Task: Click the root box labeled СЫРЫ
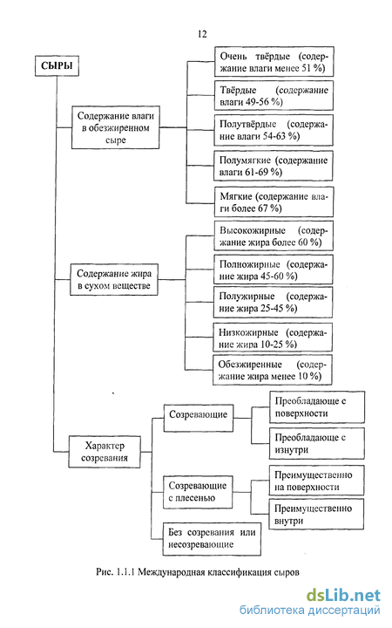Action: click(x=57, y=65)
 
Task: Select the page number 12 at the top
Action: click(x=202, y=34)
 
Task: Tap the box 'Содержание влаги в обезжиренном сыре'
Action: click(x=116, y=127)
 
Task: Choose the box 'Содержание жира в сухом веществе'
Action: click(x=114, y=280)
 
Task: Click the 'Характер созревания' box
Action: click(x=105, y=452)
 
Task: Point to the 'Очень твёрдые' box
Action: click(x=274, y=62)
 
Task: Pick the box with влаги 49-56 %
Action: click(x=274, y=96)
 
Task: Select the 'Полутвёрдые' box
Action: click(x=274, y=130)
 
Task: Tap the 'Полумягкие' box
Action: click(x=274, y=166)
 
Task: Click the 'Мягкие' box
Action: click(x=274, y=201)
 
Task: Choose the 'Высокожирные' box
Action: click(x=274, y=235)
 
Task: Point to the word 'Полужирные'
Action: click(x=247, y=297)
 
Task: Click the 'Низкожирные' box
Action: click(x=273, y=338)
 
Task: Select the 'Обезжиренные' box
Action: click(x=273, y=370)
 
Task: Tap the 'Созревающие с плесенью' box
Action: click(x=198, y=492)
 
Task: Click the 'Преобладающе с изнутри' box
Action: click(x=317, y=443)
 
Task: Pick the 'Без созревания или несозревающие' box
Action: click(x=212, y=539)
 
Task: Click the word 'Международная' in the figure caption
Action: click(x=172, y=572)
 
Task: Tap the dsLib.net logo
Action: click(x=343, y=596)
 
